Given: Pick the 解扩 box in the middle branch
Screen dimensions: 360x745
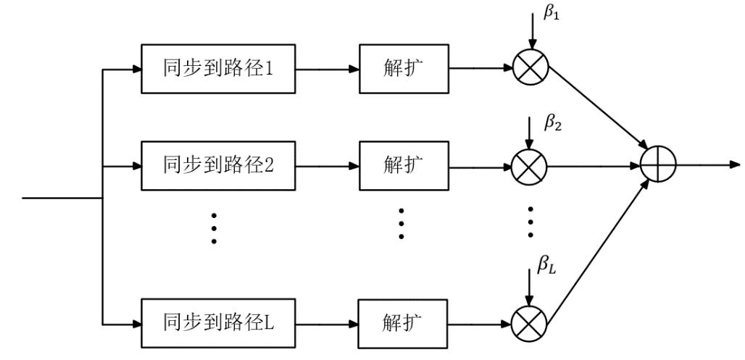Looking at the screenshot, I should [x=404, y=166].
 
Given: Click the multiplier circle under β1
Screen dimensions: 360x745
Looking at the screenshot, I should [x=530, y=70].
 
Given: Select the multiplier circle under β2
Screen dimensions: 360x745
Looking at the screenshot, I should [x=530, y=166].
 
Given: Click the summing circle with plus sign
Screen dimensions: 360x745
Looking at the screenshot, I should [x=658, y=165].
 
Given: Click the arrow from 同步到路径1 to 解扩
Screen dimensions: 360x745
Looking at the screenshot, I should [x=327, y=70].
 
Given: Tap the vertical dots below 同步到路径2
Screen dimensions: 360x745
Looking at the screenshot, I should [x=215, y=227].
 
